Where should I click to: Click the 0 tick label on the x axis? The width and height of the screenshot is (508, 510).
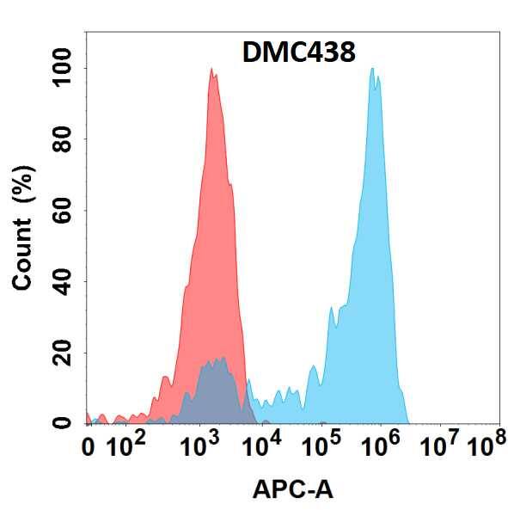tap(88, 448)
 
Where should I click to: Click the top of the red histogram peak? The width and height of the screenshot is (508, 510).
tap(211, 70)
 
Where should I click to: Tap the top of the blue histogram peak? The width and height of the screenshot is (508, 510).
tap(373, 70)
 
